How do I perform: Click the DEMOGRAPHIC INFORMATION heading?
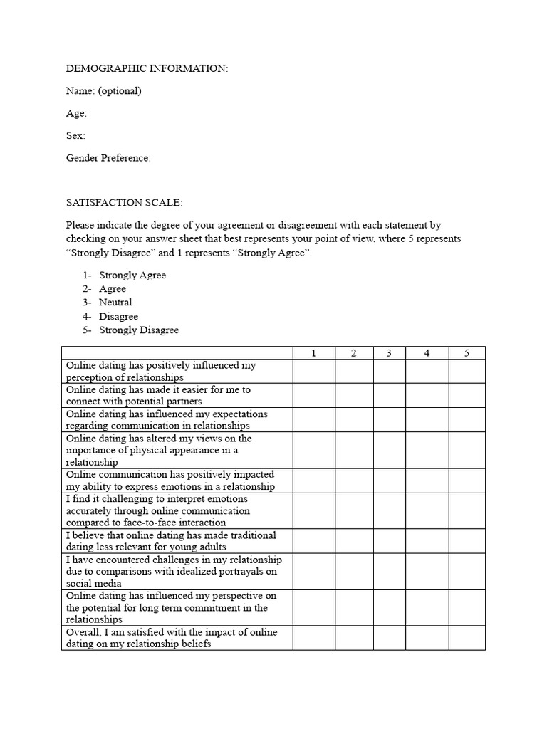coord(147,68)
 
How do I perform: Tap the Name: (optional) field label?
coord(103,90)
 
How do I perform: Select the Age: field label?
coord(76,113)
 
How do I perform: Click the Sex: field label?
coord(75,135)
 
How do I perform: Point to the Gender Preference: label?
coord(108,158)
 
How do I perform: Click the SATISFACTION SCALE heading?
coord(125,202)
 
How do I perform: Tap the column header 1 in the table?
coord(313,353)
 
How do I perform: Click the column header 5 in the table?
coord(467,353)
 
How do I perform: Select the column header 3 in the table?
coord(388,353)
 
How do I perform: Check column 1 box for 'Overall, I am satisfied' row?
coord(313,638)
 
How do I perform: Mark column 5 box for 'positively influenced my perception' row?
coord(467,371)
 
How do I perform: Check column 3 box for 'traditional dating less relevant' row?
coord(388,541)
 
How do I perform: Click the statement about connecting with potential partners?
coord(158,396)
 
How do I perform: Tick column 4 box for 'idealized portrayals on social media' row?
coord(427,571)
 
